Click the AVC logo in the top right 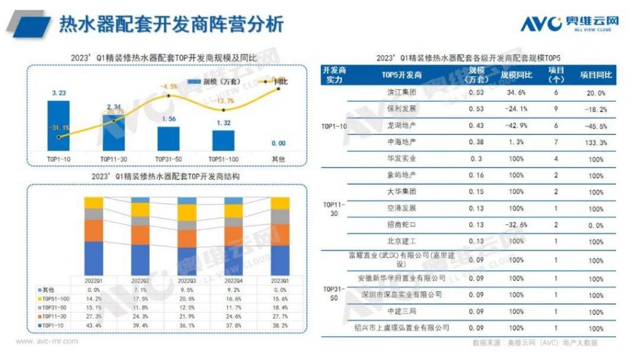point(569,24)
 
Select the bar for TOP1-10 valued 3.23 point(58,125)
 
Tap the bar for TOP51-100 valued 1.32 point(223,140)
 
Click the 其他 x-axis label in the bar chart point(278,159)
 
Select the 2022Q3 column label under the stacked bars point(186,280)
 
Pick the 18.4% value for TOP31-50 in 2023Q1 point(279,307)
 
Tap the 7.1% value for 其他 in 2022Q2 point(140,289)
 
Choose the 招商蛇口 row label point(402,224)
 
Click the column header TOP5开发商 point(402,75)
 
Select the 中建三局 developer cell point(402,311)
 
